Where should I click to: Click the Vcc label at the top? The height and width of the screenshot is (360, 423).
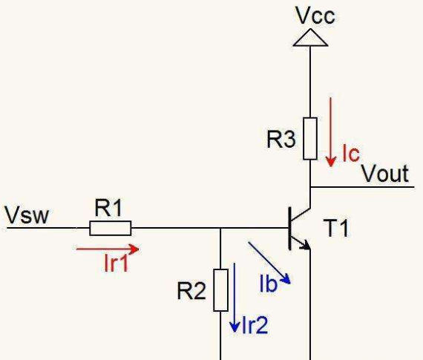pyautogui.click(x=315, y=16)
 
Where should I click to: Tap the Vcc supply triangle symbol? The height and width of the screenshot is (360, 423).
pyautogui.click(x=310, y=38)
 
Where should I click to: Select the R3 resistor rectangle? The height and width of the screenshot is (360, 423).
pyautogui.click(x=310, y=139)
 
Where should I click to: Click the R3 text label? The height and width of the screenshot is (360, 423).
pyautogui.click(x=281, y=140)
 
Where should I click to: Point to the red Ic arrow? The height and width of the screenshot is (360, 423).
pyautogui.click(x=330, y=132)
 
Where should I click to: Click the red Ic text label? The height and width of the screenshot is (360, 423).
pyautogui.click(x=351, y=153)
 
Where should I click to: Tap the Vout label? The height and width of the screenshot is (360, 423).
pyautogui.click(x=385, y=174)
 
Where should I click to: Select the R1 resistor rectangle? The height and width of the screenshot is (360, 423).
pyautogui.click(x=111, y=228)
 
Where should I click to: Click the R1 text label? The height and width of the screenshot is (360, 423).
pyautogui.click(x=108, y=208)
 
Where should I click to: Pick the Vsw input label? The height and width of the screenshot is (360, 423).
pyautogui.click(x=27, y=215)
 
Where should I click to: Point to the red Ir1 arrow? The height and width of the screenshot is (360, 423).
pyautogui.click(x=108, y=249)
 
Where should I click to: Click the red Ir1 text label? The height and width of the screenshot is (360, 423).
pyautogui.click(x=116, y=263)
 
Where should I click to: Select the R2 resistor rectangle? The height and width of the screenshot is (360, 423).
pyautogui.click(x=221, y=290)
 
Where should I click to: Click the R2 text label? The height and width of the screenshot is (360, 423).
pyautogui.click(x=191, y=291)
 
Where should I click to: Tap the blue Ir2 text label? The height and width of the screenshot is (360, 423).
pyautogui.click(x=255, y=325)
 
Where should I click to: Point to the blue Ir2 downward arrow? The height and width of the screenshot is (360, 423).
pyautogui.click(x=235, y=298)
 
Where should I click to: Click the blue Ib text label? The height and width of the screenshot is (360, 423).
pyautogui.click(x=268, y=284)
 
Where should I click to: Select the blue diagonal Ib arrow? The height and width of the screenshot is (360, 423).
pyautogui.click(x=269, y=263)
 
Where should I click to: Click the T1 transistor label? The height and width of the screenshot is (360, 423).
pyautogui.click(x=337, y=228)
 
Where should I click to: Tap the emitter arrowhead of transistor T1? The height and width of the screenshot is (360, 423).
pyautogui.click(x=306, y=245)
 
